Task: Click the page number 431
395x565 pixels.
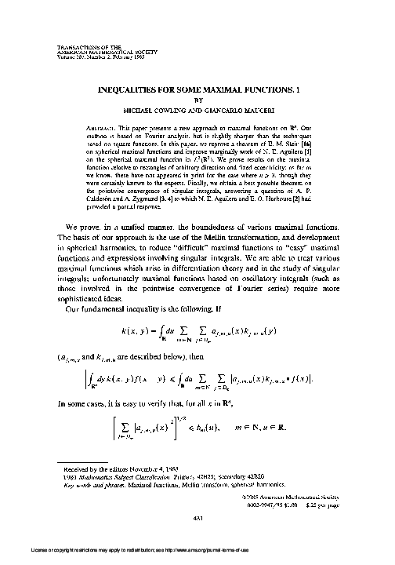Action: [197, 516]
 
